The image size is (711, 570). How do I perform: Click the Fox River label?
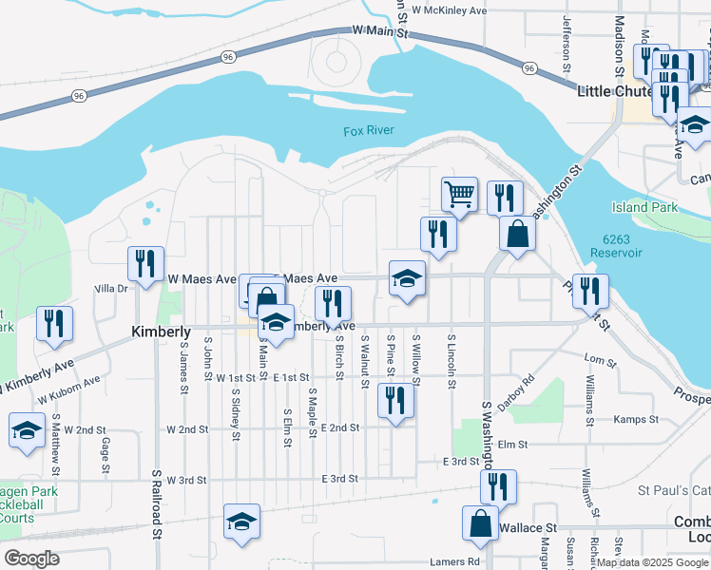coord(368,131)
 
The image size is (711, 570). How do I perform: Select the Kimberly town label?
coord(161,332)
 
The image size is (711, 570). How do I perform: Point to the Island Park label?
coord(644,207)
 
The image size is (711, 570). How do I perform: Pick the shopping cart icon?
coord(459,194)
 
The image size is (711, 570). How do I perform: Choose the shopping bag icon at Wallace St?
coord(480,522)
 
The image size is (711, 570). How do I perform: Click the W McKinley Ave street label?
coord(449,9)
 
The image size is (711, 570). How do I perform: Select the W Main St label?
coord(379,31)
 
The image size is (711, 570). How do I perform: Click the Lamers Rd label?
coord(453,561)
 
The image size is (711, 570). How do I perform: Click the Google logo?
coord(31,559)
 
